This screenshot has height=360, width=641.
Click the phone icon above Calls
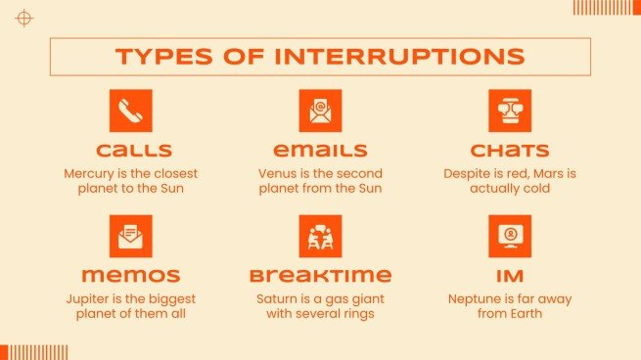pos(130,111)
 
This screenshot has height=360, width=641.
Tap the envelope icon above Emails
pos(320,111)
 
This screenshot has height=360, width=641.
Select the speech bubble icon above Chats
pos(509,111)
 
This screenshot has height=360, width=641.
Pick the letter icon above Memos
pos(130,236)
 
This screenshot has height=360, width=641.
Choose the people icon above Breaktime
pos(320,236)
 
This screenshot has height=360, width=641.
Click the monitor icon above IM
pos(509,236)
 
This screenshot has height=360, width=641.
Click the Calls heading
pos(130,151)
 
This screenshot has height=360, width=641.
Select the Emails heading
pos(320,151)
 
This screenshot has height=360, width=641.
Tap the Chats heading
pos(509,151)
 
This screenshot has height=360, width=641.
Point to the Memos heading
pos(130,276)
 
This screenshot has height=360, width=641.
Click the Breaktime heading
pos(320,276)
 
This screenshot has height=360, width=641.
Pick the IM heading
pos(509,276)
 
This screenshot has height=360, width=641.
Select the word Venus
pos(278,172)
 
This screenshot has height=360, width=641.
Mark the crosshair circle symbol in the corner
pos(24,18)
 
